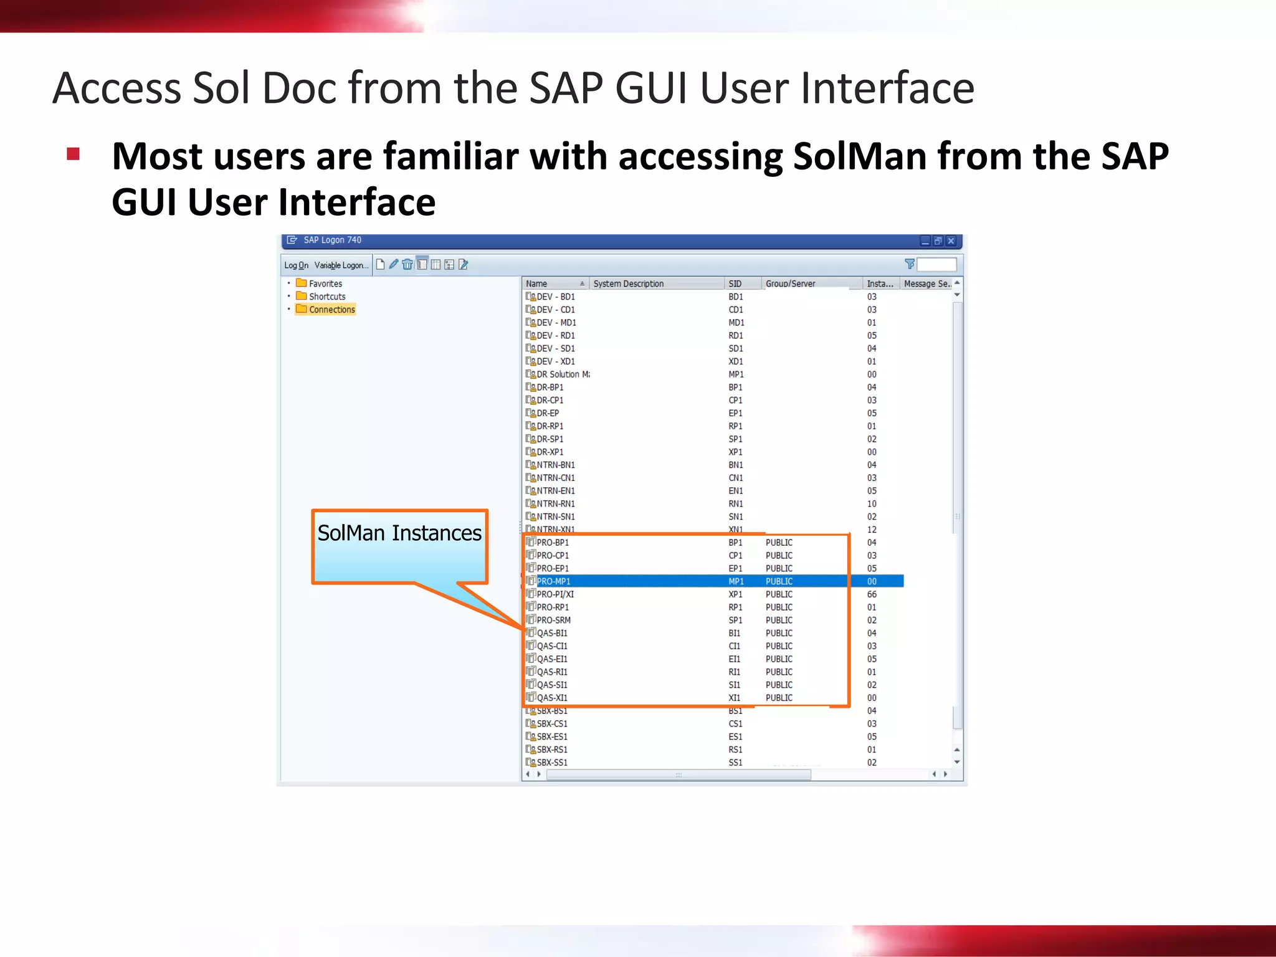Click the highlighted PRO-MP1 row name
click(553, 581)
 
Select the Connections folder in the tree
click(331, 310)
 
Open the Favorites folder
click(325, 283)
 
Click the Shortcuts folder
click(327, 297)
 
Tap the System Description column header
click(628, 283)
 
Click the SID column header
click(735, 283)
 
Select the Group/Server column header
click(790, 283)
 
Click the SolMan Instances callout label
click(399, 533)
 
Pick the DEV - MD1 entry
click(556, 323)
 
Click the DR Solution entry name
click(563, 374)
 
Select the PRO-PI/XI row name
click(555, 594)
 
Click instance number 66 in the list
click(872, 594)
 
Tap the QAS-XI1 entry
click(552, 698)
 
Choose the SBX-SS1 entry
click(552, 763)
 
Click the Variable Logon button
click(341, 265)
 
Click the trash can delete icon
click(407, 265)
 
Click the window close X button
click(951, 240)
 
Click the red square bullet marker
click(74, 154)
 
